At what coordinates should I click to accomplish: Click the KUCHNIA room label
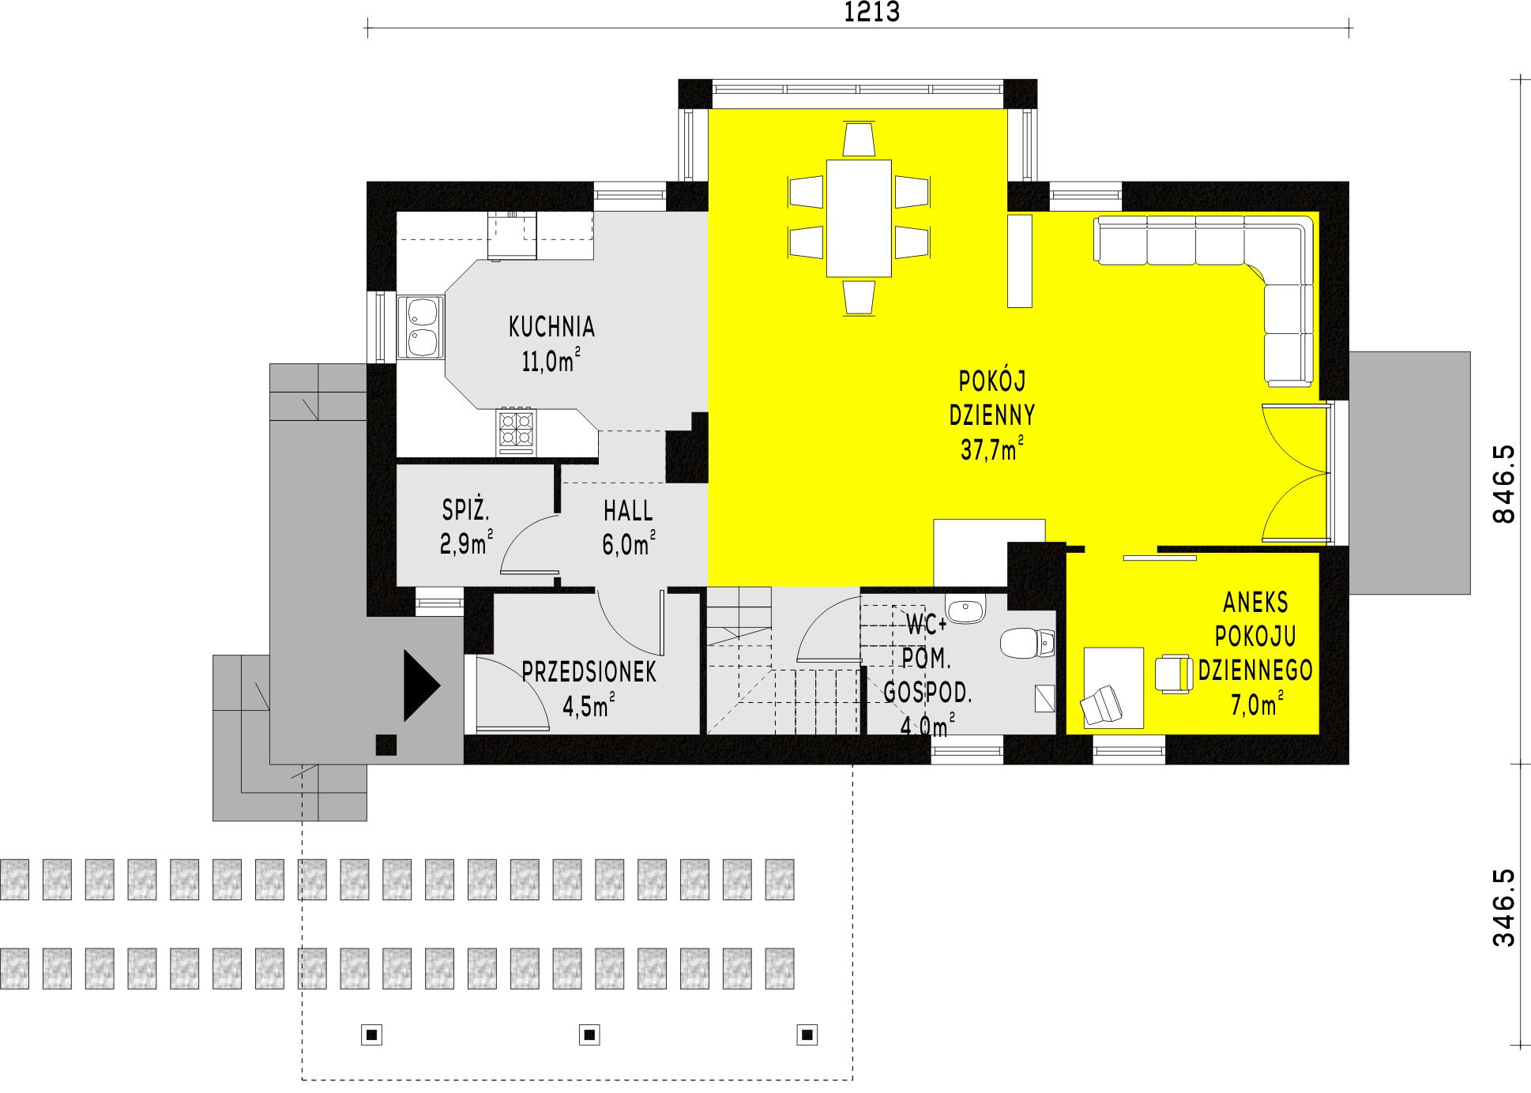coord(551,327)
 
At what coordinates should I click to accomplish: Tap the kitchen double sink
coord(421,326)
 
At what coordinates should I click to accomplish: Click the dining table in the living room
coord(859,218)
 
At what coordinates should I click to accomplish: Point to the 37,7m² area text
coord(992,449)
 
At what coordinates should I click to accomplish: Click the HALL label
coord(628,511)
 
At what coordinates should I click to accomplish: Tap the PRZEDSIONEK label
coord(589,672)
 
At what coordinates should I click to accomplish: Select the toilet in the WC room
coord(1028,644)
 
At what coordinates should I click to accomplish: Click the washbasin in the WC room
coord(965,610)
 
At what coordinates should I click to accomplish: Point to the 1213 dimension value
coord(871,13)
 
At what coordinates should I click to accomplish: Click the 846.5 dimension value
coord(1504,483)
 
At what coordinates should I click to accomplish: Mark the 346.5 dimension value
coord(1504,907)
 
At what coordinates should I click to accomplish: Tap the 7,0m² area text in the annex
coord(1256,704)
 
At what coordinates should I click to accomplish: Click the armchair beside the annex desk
coord(1173,674)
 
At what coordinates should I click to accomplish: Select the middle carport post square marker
coord(589,1035)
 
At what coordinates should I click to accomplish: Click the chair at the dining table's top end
coord(859,139)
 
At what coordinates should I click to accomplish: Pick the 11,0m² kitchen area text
coord(551,361)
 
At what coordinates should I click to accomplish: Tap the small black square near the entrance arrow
coord(386,744)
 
